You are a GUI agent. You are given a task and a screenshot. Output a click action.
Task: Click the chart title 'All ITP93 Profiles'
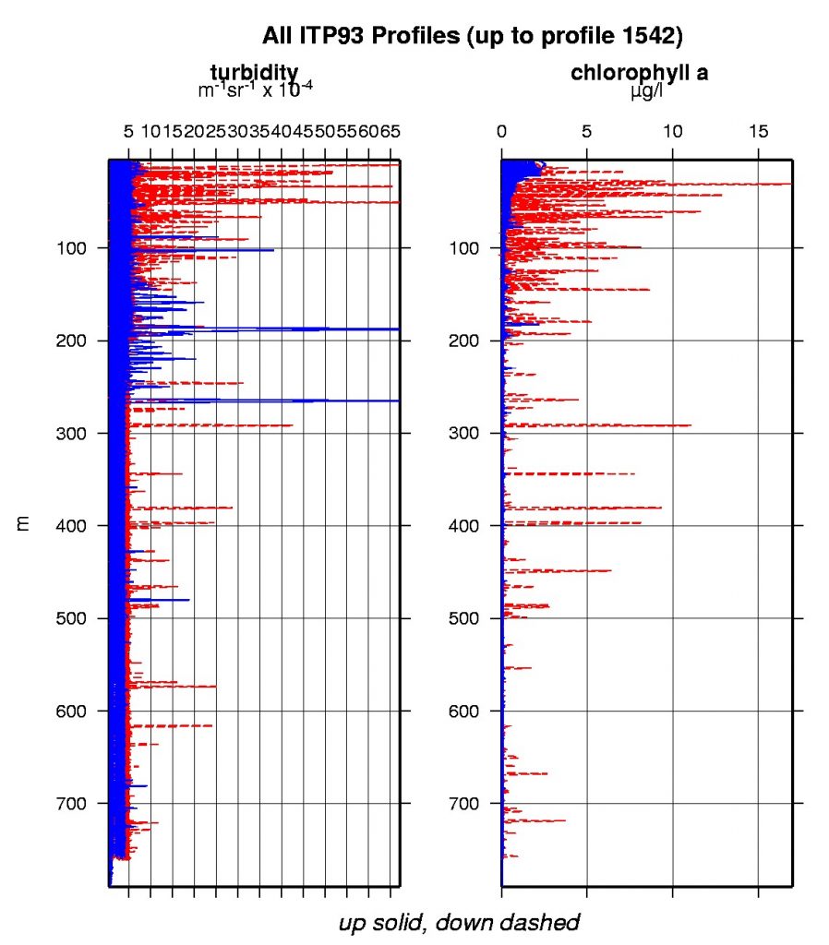(x=369, y=36)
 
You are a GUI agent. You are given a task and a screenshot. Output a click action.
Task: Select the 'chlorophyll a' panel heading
(x=640, y=73)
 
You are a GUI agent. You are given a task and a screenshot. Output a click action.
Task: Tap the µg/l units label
(x=640, y=92)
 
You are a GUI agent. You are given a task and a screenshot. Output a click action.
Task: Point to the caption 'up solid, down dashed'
(x=459, y=922)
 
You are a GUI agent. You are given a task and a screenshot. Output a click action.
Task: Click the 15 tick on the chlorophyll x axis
(x=758, y=132)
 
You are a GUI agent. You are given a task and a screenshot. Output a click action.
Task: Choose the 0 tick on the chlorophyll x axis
(x=502, y=132)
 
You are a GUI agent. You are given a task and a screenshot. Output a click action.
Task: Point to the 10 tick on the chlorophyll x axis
(x=673, y=132)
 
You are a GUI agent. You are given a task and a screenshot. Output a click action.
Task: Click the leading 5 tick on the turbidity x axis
(x=128, y=132)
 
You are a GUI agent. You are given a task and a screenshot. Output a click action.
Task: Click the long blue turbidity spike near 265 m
(x=323, y=401)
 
